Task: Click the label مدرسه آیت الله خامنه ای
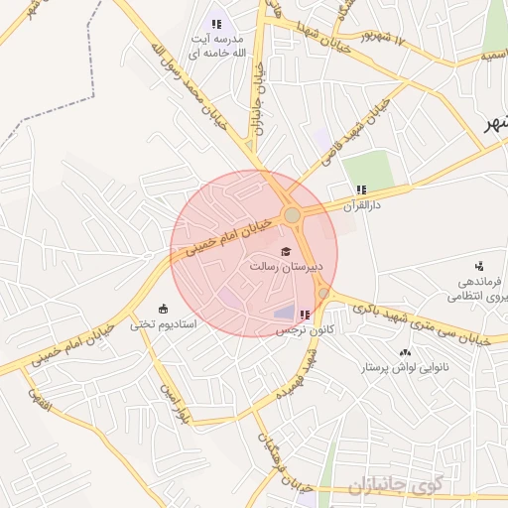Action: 216,45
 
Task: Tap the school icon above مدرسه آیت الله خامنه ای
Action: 216,24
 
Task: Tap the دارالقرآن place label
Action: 361,205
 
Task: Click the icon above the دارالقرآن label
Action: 361,190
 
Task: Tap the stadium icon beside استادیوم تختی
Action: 164,309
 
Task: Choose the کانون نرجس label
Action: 303,328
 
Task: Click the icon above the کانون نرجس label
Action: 304,315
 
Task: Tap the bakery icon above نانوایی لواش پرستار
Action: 404,352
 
